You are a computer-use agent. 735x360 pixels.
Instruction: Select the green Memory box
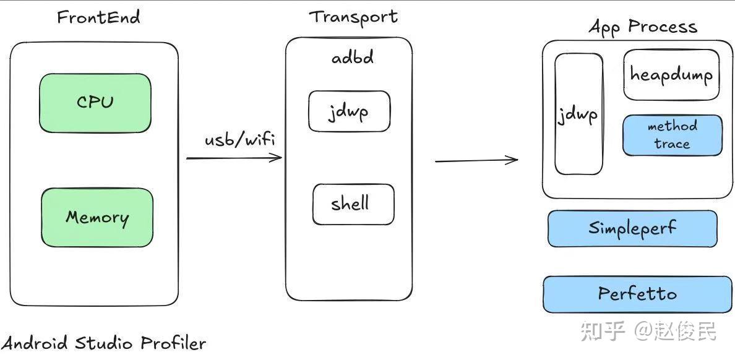click(97, 218)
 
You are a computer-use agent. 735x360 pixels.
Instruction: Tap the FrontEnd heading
click(98, 17)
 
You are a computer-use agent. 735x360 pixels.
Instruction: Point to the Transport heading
click(353, 17)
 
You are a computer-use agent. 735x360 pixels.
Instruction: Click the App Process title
click(642, 27)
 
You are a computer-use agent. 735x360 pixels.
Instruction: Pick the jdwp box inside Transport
click(349, 111)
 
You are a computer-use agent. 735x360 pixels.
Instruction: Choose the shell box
click(353, 204)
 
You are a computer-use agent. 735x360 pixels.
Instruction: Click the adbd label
click(353, 58)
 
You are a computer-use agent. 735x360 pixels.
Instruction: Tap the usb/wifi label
click(239, 139)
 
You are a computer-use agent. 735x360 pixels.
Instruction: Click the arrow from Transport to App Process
click(476, 161)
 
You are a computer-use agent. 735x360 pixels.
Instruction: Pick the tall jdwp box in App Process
click(578, 114)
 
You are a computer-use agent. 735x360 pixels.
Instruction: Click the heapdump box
click(671, 75)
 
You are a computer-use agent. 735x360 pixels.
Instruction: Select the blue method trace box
click(672, 135)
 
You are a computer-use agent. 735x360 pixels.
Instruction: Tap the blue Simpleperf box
click(632, 228)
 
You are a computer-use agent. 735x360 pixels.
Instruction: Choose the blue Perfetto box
click(637, 294)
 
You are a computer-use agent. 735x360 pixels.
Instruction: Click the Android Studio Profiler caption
click(103, 343)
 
